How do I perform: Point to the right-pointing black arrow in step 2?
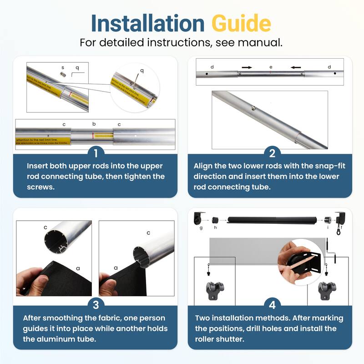(x=247, y=67)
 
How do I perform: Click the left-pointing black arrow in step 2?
(x=296, y=67)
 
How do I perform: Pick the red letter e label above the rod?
(x=271, y=67)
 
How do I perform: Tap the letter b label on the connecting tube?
(x=94, y=124)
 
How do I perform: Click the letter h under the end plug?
(x=215, y=228)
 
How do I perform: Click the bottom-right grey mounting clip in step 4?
(x=327, y=289)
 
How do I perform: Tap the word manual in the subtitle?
(x=264, y=43)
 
